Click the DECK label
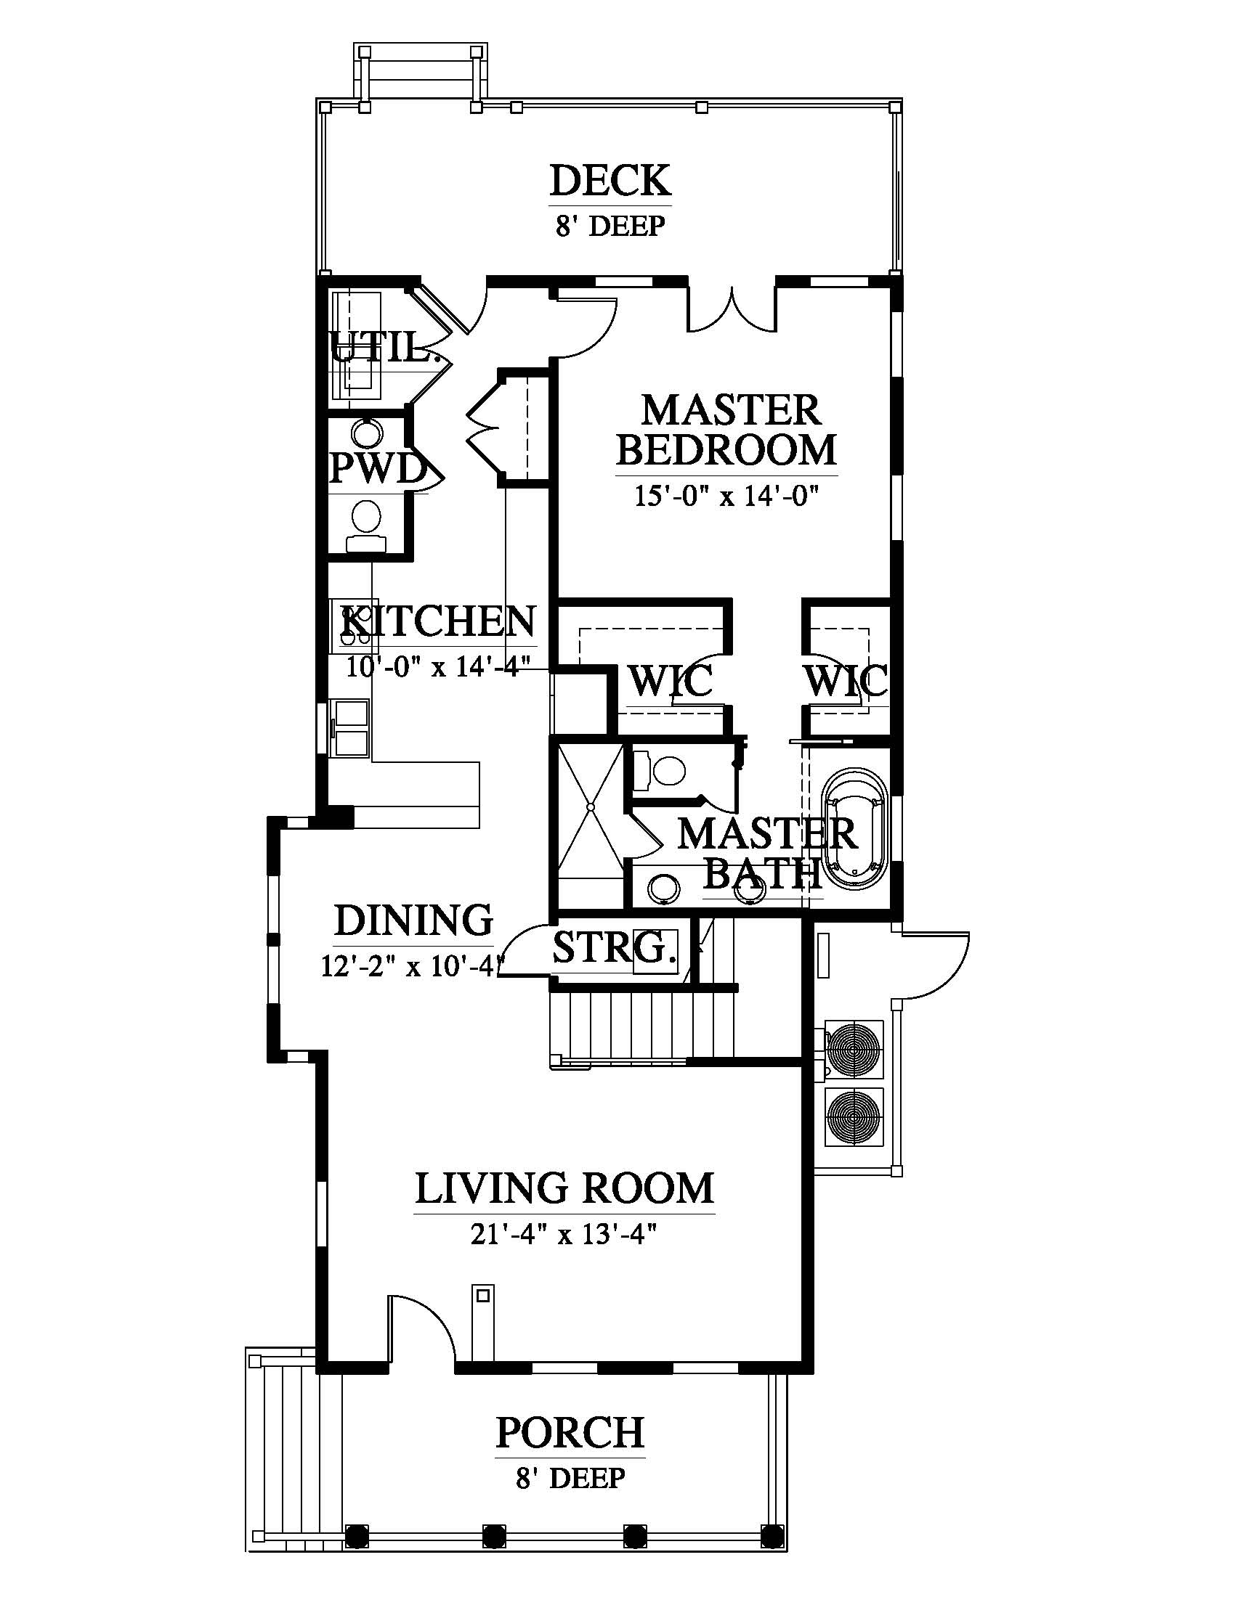click(x=610, y=180)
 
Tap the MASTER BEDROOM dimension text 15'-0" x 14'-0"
click(x=725, y=497)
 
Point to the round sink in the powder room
click(x=365, y=432)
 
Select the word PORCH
click(x=570, y=1431)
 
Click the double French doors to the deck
click(x=731, y=307)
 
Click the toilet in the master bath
click(x=660, y=769)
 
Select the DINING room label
click(x=414, y=920)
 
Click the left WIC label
click(x=671, y=681)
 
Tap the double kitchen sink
click(x=351, y=727)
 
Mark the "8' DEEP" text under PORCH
click(x=571, y=1478)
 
